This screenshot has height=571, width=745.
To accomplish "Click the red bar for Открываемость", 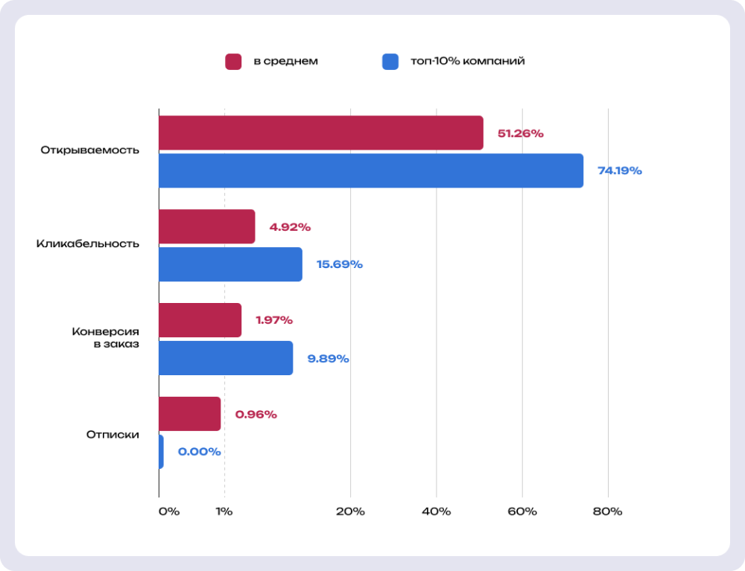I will click(x=321, y=133).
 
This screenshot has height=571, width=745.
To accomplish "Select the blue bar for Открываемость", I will click(x=371, y=170).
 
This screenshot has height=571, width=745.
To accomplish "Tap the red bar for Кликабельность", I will click(x=207, y=227).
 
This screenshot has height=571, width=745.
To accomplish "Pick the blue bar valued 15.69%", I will click(x=230, y=264).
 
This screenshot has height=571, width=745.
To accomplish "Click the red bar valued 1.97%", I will click(x=200, y=320).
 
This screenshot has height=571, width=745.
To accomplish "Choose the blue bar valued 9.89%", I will click(x=226, y=358).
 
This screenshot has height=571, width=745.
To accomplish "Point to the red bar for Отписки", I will click(x=190, y=414).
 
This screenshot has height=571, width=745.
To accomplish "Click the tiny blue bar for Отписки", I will click(x=161, y=452).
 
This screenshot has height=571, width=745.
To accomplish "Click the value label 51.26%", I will click(x=521, y=134).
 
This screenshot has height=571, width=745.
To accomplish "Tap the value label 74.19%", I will click(x=619, y=170).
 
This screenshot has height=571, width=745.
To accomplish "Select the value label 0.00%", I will click(x=199, y=452).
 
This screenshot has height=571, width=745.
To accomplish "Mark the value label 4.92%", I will click(x=290, y=227).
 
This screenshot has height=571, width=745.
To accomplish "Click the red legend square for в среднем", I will click(x=233, y=61).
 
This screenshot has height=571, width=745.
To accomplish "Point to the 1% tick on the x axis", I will click(x=224, y=511).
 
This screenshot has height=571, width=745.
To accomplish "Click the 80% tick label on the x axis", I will click(x=607, y=511).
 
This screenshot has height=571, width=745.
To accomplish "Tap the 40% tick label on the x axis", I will click(x=436, y=511).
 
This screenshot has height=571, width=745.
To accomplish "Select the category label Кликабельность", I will click(x=87, y=244).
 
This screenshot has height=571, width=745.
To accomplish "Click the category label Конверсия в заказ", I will click(x=105, y=338).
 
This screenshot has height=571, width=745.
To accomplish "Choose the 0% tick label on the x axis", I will click(x=169, y=511).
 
